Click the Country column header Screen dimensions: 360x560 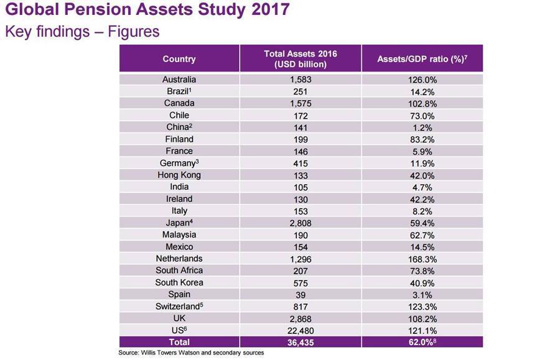tap(179, 59)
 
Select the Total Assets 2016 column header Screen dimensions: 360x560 tap(300, 59)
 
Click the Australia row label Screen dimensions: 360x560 tap(179, 80)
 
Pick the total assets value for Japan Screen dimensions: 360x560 tap(300, 223)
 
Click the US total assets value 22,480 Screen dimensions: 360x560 tap(300, 330)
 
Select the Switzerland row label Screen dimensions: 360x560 tap(179, 307)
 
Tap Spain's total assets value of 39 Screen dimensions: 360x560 tap(300, 295)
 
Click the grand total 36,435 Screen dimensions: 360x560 tap(300, 342)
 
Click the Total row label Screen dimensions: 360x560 tap(179, 342)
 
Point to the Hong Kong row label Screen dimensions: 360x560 tap(179, 175)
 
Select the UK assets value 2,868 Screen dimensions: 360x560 tap(300, 318)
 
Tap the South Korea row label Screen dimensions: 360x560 tap(179, 283)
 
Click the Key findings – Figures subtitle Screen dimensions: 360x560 tap(82, 31)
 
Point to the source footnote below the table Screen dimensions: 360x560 tap(191, 353)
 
